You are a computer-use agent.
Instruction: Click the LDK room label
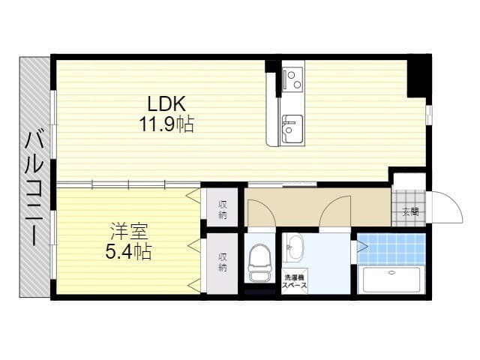[x=166, y=104]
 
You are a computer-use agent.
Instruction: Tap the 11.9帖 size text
[x=166, y=124]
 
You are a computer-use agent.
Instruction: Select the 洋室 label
[x=129, y=232]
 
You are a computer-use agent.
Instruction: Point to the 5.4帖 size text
[x=128, y=252]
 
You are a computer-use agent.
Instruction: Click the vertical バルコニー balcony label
[x=34, y=188]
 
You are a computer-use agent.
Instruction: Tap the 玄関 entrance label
[x=410, y=211]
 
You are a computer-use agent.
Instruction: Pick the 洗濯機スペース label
[x=295, y=282]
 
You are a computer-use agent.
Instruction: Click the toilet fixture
[x=260, y=262]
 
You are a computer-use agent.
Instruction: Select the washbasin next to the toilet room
[x=295, y=247]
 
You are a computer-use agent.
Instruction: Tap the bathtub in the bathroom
[x=391, y=280]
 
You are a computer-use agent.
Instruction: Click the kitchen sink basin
[x=292, y=128]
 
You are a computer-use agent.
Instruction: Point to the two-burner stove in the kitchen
[x=293, y=79]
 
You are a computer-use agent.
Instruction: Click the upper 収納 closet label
[x=223, y=210]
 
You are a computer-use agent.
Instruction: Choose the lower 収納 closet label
[x=223, y=262]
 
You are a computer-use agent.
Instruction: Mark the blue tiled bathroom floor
[x=391, y=248]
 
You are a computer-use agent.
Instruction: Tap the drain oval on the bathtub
[x=391, y=272]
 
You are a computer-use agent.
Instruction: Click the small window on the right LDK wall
[x=428, y=115]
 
